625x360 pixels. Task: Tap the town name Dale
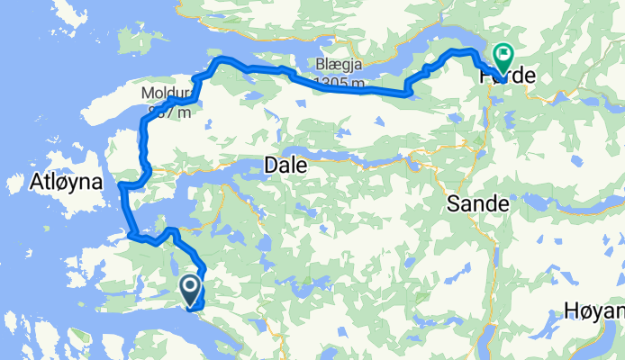[x=285, y=166]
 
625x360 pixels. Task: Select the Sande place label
[x=477, y=205]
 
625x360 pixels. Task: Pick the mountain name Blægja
[x=338, y=66]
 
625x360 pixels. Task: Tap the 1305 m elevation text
[x=340, y=84]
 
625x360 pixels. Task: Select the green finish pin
[x=501, y=58]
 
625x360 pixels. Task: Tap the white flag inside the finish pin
[x=501, y=53]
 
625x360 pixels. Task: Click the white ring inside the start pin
[x=192, y=287]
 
